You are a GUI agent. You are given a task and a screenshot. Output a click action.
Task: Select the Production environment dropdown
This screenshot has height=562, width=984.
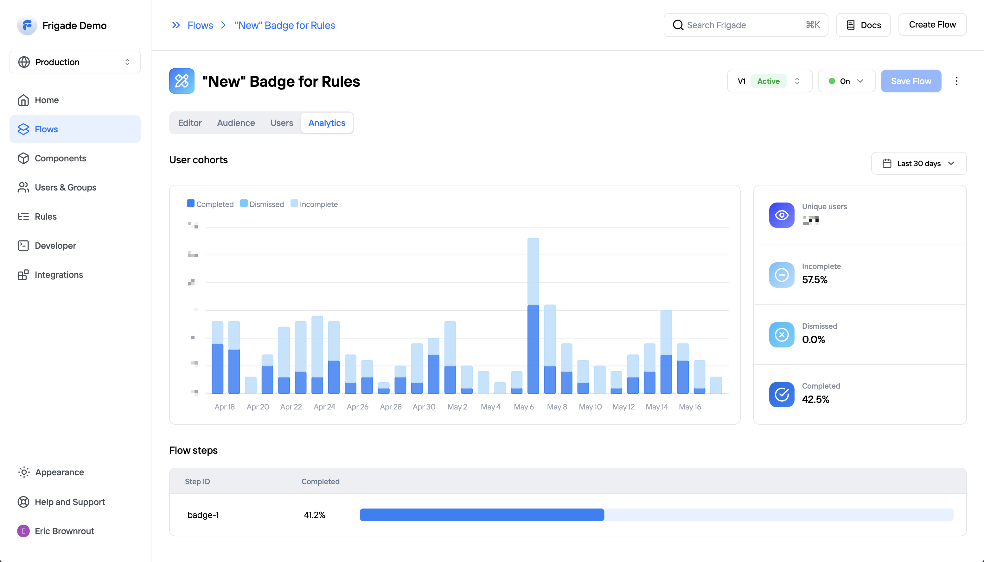pyautogui.click(x=75, y=62)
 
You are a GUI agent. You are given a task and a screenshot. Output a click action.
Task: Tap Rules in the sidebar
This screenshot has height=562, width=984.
pyautogui.click(x=46, y=216)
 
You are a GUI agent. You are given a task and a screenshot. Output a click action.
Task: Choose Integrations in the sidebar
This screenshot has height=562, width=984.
pyautogui.click(x=59, y=275)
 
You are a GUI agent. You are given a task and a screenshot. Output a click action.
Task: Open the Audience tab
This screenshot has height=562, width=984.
pyautogui.click(x=236, y=123)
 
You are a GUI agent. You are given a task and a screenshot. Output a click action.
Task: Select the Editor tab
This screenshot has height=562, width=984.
pyautogui.click(x=190, y=123)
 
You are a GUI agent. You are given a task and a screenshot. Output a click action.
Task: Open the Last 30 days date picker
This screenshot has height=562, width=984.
pyautogui.click(x=918, y=163)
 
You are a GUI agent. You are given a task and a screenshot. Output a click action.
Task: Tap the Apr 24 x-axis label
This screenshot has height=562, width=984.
pyautogui.click(x=324, y=407)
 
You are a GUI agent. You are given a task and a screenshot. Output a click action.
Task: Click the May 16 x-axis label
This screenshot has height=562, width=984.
pyautogui.click(x=690, y=407)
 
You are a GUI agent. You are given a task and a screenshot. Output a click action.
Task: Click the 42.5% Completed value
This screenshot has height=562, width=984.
pyautogui.click(x=815, y=399)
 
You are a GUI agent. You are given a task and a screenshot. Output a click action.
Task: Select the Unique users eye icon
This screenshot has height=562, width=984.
pyautogui.click(x=781, y=215)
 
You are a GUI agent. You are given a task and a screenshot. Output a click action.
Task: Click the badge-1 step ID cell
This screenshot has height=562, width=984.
pyautogui.click(x=203, y=515)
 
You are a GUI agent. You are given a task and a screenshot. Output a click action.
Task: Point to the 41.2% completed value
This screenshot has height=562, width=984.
pyautogui.click(x=315, y=515)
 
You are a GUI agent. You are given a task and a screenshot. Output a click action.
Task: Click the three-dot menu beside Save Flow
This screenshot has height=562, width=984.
pyautogui.click(x=956, y=81)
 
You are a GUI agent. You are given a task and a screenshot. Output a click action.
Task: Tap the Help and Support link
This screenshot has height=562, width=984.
pyautogui.click(x=70, y=502)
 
